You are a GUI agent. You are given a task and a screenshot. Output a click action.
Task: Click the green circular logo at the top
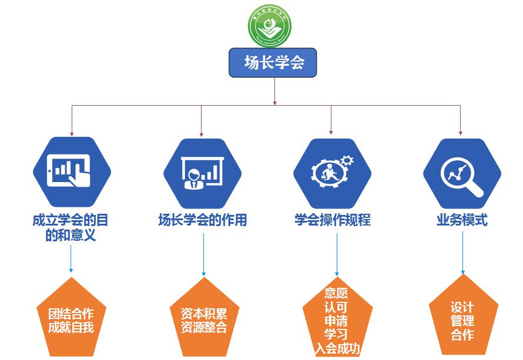[270, 25]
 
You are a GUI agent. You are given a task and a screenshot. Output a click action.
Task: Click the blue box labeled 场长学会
[273, 62]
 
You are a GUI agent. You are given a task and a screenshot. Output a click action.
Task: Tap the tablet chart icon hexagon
[72, 170]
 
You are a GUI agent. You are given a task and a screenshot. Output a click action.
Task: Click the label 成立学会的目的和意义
[71, 228]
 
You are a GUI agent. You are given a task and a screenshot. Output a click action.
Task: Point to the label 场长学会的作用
[202, 220]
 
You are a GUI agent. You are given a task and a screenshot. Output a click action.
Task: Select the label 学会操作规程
[333, 220]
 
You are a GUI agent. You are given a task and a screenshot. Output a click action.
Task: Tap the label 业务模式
[462, 220]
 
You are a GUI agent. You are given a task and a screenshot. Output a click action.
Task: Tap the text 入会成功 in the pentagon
[337, 349]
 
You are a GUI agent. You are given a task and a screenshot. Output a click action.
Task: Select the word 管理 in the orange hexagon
[462, 321]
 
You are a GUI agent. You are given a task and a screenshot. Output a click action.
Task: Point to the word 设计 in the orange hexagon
[462, 307]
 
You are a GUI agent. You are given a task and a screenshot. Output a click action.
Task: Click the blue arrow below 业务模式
[462, 253]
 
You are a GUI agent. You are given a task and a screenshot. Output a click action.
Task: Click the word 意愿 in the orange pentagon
[336, 293]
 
